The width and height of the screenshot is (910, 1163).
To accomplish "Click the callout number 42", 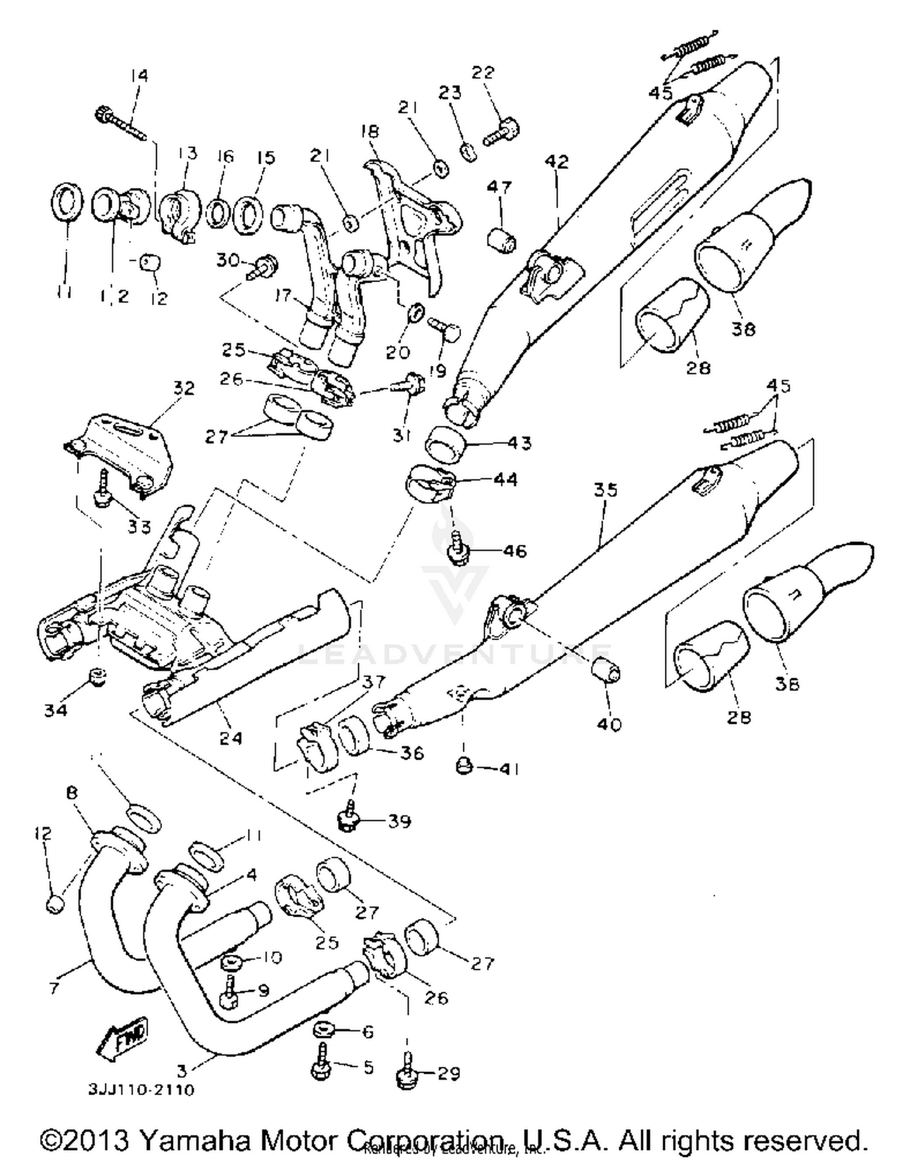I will click(x=557, y=161).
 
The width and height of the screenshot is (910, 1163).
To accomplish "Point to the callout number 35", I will click(x=605, y=490).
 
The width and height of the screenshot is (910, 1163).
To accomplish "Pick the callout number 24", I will click(x=231, y=738).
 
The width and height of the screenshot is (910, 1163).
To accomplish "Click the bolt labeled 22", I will click(x=501, y=133).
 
